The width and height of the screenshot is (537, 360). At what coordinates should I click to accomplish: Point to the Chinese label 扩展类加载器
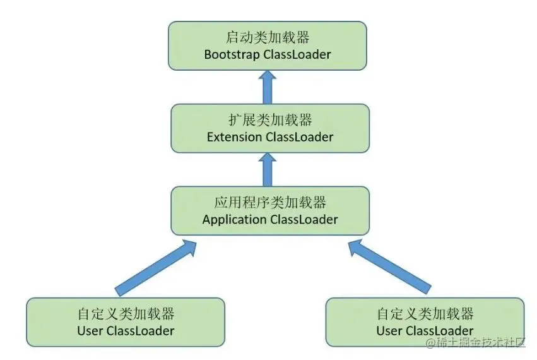270,119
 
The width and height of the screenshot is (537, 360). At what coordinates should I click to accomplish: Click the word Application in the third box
234,220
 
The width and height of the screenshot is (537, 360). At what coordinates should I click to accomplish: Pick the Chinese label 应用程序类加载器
270,202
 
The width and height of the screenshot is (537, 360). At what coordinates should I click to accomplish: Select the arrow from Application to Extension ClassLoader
268,170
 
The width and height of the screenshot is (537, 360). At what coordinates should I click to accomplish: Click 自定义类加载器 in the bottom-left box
126,314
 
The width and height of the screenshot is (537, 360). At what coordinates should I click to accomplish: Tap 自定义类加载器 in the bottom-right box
425,314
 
